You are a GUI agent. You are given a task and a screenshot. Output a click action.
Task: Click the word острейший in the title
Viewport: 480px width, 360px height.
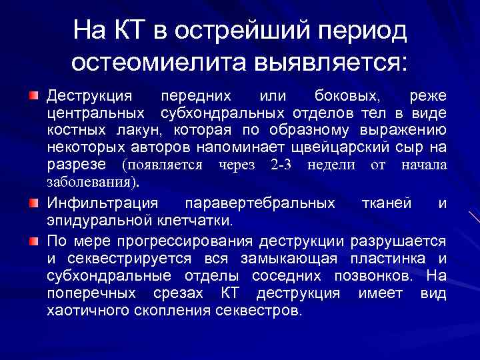click(x=243, y=31)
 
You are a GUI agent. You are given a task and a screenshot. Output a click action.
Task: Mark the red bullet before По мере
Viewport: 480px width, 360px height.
click(x=34, y=239)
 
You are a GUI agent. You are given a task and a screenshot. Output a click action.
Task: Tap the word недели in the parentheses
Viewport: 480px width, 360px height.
click(x=333, y=165)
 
